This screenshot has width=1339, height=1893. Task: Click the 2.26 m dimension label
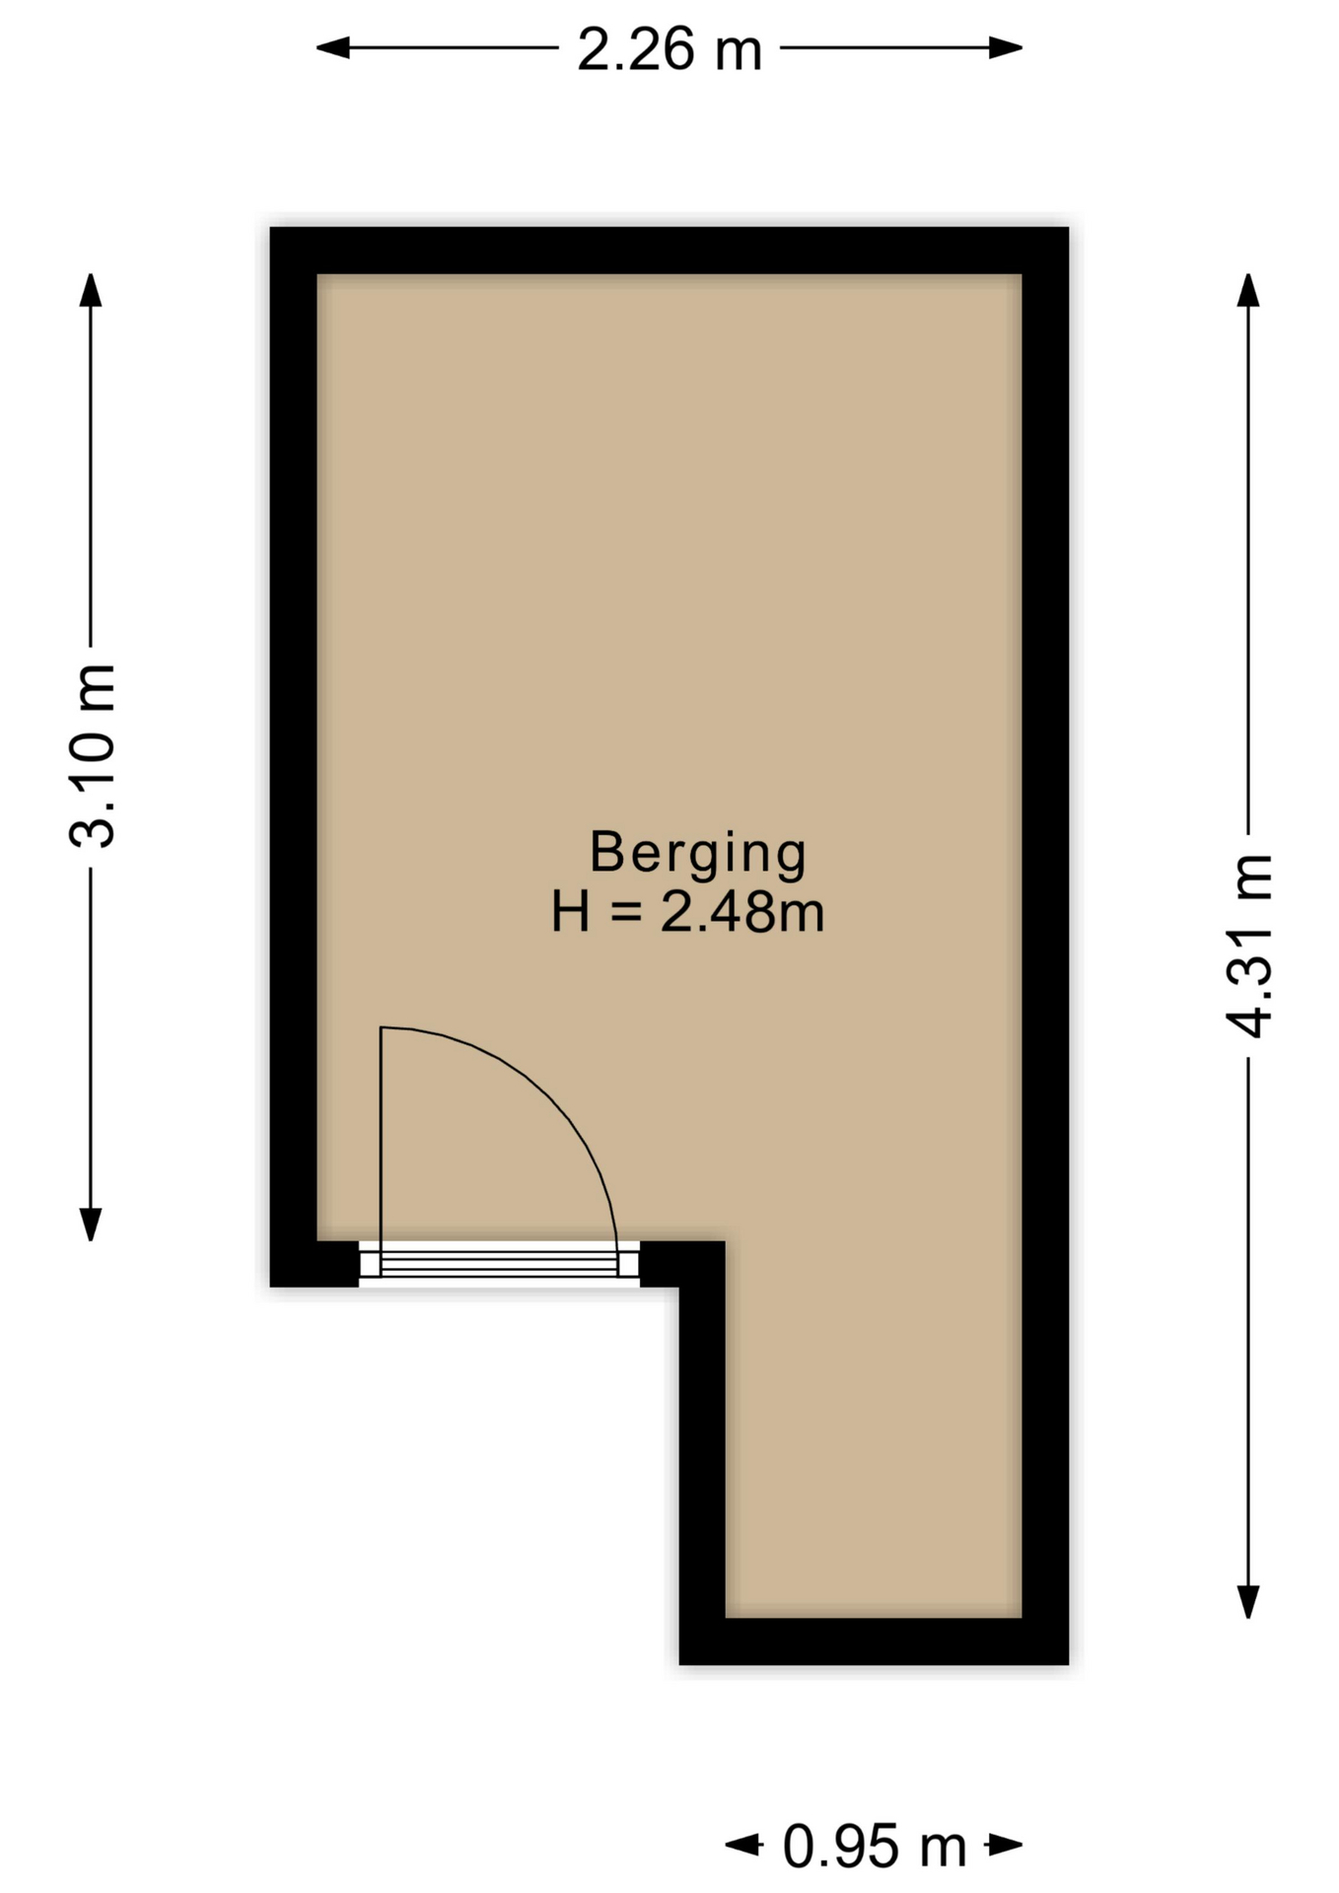(x=669, y=49)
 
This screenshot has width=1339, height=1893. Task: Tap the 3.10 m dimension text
(x=94, y=756)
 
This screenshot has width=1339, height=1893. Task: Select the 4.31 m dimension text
(x=1249, y=946)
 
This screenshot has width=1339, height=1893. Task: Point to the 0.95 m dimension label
(x=874, y=1847)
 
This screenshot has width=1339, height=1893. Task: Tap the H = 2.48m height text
(x=687, y=912)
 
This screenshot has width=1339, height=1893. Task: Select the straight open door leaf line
(x=381, y=1134)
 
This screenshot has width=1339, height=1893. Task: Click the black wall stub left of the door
(x=314, y=1264)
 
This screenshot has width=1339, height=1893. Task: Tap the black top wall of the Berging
(x=669, y=250)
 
